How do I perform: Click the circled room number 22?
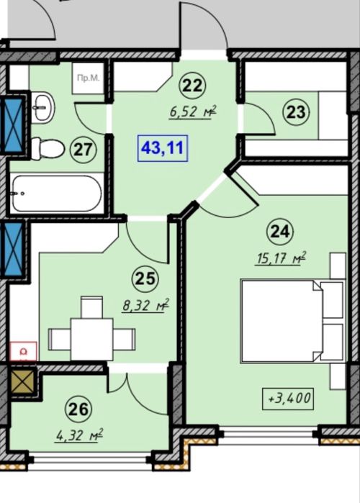pos(193,86)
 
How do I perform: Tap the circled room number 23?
pos(296,112)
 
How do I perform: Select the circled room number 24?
pos(280,231)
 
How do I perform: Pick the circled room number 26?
pos(78,409)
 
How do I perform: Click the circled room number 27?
pos(83,150)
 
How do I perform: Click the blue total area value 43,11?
pos(162,148)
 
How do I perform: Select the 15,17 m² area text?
pos(280,258)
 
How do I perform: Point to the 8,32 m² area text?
pos(145,305)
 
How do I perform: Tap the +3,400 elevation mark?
pos(288,399)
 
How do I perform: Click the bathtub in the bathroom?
pos(57,193)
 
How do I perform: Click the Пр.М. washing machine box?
pos(88,78)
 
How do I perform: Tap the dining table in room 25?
pos(91,339)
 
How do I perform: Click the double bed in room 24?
pos(292,321)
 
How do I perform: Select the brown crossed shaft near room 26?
pos(22,381)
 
